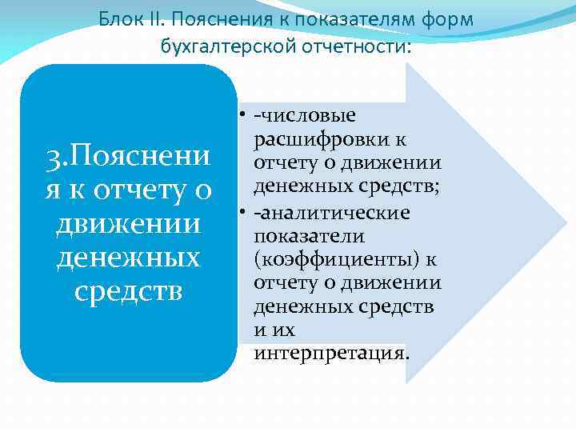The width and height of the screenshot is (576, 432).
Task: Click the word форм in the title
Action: coord(450,18)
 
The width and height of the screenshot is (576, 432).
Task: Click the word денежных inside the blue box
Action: coord(128,258)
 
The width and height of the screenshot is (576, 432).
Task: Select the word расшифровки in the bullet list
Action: coord(330,140)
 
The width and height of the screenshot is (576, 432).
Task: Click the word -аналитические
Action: coord(331,213)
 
